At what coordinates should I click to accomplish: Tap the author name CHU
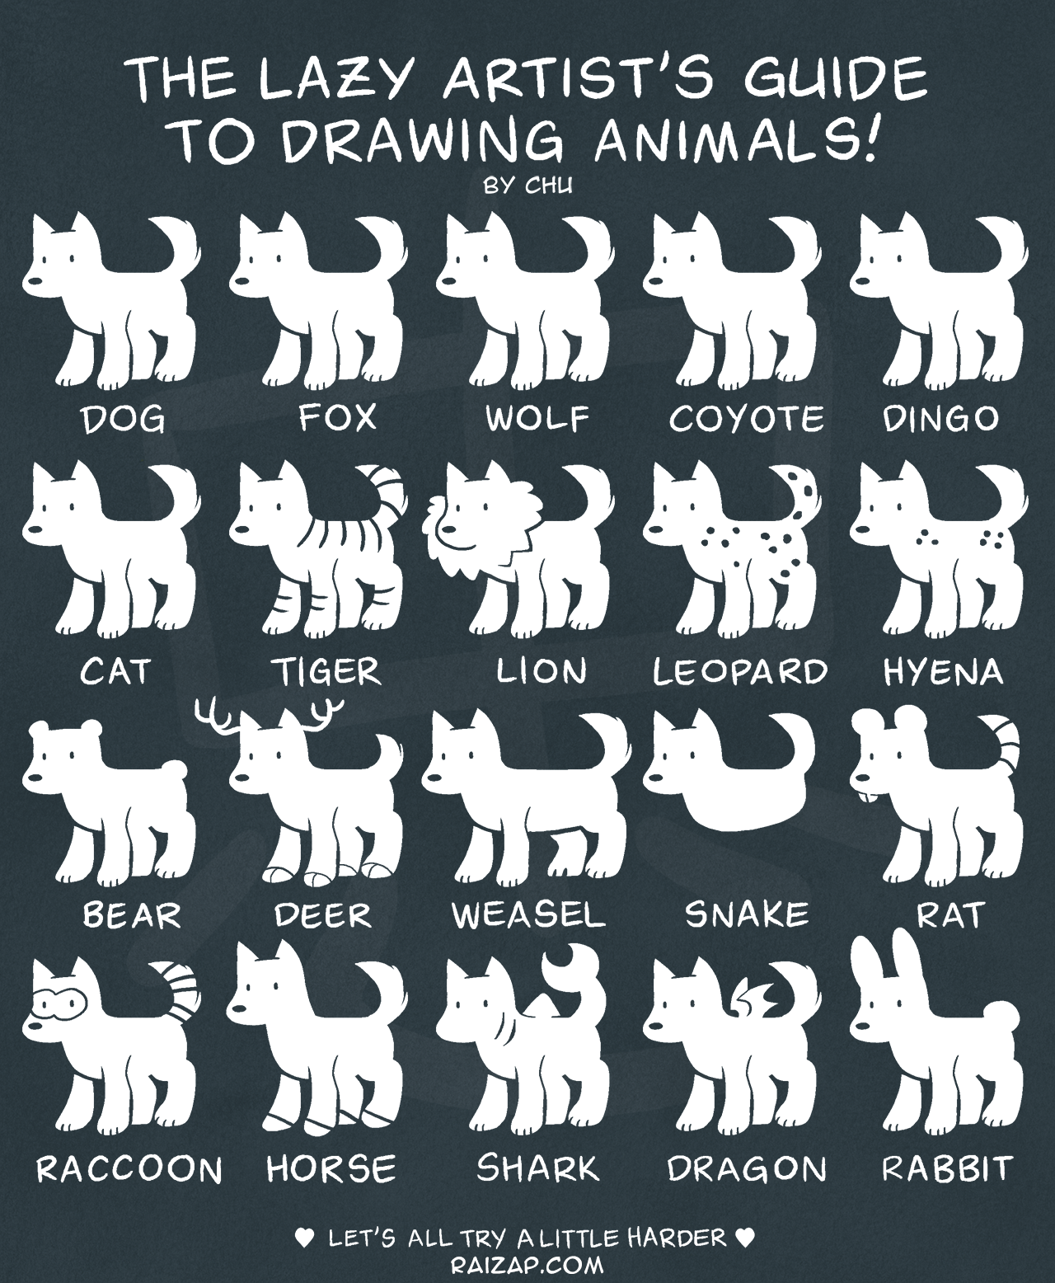pos(548,186)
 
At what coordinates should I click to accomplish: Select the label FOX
pos(337,418)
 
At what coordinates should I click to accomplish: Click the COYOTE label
pos(746,419)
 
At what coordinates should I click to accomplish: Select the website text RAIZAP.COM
pos(527,1261)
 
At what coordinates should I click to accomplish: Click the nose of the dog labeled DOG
pos(35,281)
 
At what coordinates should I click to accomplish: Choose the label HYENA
pos(943,672)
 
